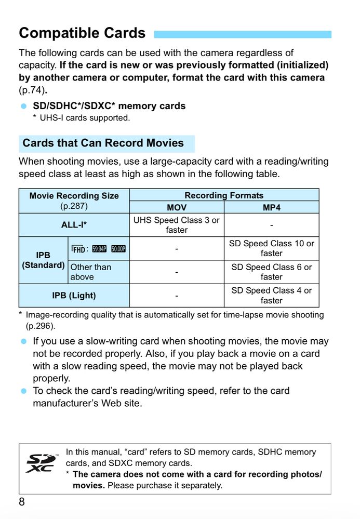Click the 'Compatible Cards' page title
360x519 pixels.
tap(82, 33)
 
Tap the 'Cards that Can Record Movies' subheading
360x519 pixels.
tap(103, 143)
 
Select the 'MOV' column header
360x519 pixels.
tap(177, 207)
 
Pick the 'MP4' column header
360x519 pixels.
tap(271, 207)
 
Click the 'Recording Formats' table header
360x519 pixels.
tap(224, 195)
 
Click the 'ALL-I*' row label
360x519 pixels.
tap(74, 225)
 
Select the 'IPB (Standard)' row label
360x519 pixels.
tap(43, 260)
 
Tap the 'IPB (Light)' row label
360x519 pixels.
tap(74, 295)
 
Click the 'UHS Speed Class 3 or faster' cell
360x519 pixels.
tap(177, 225)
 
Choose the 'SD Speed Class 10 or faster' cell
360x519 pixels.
tap(271, 248)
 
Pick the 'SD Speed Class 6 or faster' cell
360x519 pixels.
tap(271, 272)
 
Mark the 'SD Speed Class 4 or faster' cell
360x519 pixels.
tap(271, 295)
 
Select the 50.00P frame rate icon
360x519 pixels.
tap(118, 249)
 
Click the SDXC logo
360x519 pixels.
tap(41, 463)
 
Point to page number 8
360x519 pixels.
tap(22, 502)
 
